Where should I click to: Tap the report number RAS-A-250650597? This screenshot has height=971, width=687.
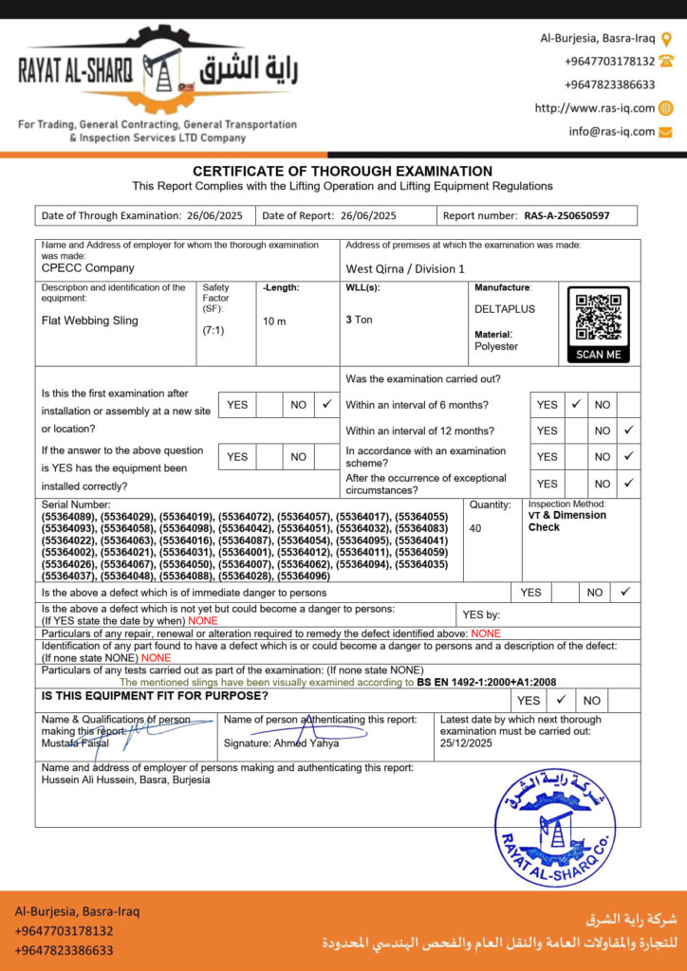coord(566,216)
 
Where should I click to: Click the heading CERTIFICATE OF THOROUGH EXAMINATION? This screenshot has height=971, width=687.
coord(343,172)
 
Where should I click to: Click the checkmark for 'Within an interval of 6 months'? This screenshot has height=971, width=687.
coord(575,404)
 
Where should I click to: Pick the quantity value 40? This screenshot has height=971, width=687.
coord(475,528)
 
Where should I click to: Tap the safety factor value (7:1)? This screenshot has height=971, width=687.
coord(214,331)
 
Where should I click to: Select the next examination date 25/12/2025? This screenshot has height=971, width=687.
coord(467,744)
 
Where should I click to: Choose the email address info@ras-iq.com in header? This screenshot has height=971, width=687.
coord(612,132)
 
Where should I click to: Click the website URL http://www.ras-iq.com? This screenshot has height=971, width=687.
coord(595,108)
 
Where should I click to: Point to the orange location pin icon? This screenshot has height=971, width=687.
coord(666,39)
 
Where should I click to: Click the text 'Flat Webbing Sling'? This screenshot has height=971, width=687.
coord(90,321)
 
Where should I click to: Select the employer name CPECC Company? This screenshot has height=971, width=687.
coord(88,268)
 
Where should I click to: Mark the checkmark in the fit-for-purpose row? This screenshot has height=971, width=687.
coord(561,700)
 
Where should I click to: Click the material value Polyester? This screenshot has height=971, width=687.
coord(496,346)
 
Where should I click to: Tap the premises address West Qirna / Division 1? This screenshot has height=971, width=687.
coord(405,269)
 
